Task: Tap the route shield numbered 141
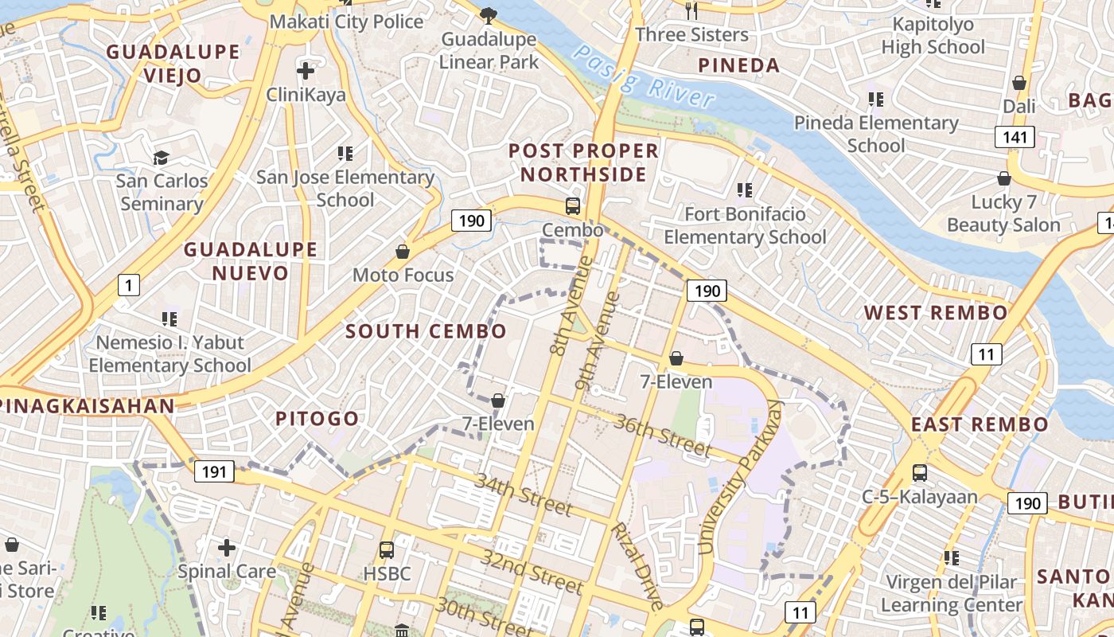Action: pos(1015,137)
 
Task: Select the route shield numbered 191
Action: pos(213,471)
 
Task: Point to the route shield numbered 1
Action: pos(128,284)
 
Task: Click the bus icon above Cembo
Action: pos(572,206)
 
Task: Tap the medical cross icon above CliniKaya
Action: pos(306,72)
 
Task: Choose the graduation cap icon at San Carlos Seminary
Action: pos(162,158)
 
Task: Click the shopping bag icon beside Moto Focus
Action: pos(403,252)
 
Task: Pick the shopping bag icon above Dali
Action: pos(1019,83)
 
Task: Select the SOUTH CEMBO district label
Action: pos(426,331)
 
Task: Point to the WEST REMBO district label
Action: pos(936,313)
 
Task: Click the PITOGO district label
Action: pos(317,419)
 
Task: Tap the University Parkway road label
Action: pos(739,478)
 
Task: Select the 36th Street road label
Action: pos(662,435)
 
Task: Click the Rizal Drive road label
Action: pos(636,565)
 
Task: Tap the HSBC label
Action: pos(387,573)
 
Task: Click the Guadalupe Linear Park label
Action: pos(489,50)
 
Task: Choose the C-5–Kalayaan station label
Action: pos(920,497)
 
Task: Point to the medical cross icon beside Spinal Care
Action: pos(227,548)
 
